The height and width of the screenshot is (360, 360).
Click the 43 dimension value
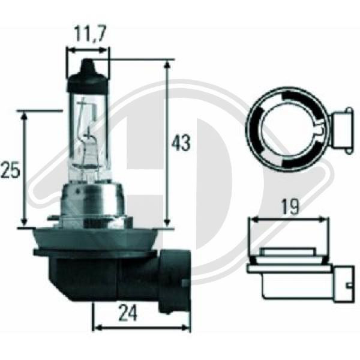(181, 143)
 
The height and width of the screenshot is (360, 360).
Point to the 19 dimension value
(290, 207)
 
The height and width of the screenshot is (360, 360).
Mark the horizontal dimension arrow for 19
(290, 220)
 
